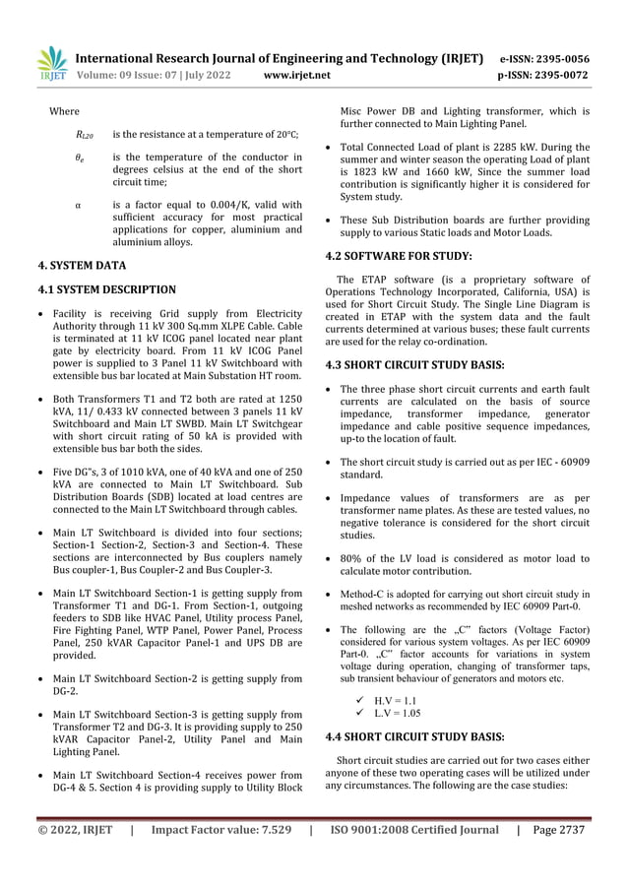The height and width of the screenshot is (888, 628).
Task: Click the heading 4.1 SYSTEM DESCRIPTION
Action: pyautogui.click(x=113, y=289)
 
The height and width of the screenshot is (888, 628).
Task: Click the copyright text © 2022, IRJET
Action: pyautogui.click(x=75, y=830)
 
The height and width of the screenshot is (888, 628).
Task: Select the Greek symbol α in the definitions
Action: pyautogui.click(x=78, y=205)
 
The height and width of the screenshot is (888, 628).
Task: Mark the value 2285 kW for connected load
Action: pyautogui.click(x=496, y=147)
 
